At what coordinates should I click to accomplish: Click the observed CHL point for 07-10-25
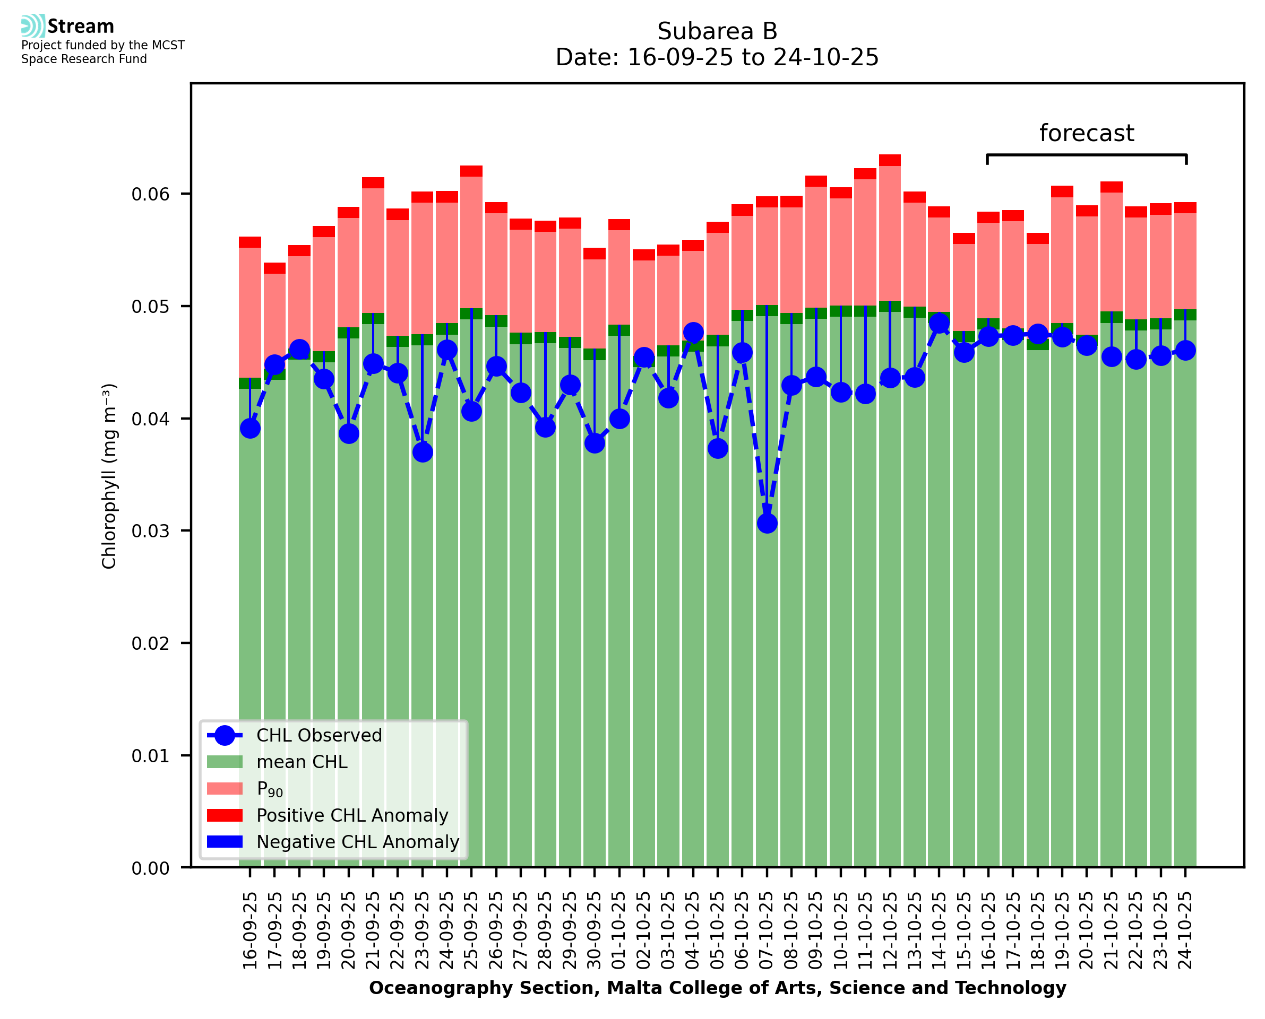point(767,523)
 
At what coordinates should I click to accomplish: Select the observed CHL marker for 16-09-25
point(250,429)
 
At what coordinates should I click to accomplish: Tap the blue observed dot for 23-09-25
point(422,452)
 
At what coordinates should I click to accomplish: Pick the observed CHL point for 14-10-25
point(939,323)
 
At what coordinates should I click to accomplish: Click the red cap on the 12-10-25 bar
point(890,160)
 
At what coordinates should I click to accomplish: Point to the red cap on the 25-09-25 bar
point(471,171)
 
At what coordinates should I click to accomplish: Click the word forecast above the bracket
point(1086,133)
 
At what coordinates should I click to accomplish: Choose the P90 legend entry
point(270,789)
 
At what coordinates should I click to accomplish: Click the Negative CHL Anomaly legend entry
point(357,842)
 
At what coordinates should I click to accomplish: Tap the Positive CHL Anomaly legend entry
point(352,815)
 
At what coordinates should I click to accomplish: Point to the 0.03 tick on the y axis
point(154,531)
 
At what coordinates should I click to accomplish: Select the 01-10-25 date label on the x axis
point(619,930)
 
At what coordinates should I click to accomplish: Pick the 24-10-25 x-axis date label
point(1185,930)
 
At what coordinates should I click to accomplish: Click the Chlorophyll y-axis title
point(109,476)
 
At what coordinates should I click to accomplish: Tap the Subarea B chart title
point(717,31)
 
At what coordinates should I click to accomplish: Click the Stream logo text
point(81,27)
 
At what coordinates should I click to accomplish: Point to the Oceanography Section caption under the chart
point(717,988)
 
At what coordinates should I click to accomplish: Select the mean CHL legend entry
point(302,762)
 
